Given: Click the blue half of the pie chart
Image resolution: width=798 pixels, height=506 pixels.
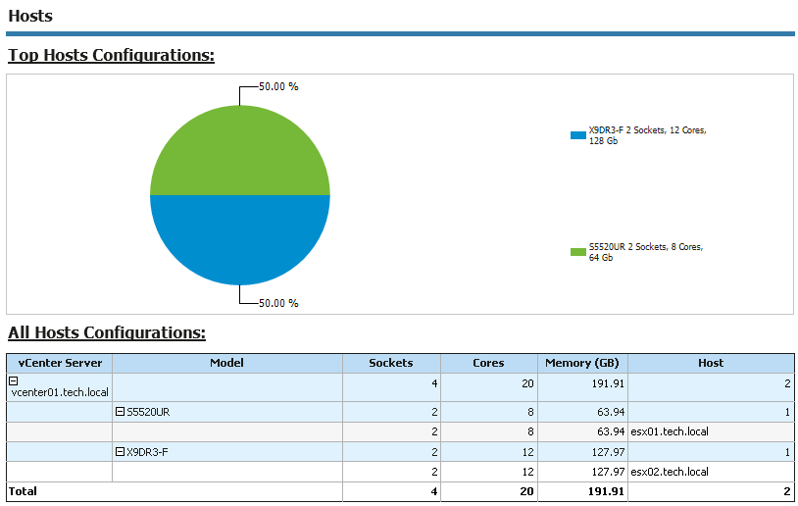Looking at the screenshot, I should (240, 239).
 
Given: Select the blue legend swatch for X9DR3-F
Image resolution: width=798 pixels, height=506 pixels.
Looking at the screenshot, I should (577, 135).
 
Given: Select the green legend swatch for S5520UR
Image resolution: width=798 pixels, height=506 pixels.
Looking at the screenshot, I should (577, 252).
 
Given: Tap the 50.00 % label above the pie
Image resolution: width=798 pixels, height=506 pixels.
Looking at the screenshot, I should (278, 86).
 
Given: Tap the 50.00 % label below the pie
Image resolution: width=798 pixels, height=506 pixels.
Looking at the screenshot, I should (278, 303).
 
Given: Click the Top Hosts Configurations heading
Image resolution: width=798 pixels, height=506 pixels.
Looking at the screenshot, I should (111, 55).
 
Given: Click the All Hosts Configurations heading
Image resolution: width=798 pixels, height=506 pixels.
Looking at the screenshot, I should (107, 332).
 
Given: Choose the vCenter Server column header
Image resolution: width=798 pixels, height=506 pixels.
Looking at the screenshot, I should (60, 363).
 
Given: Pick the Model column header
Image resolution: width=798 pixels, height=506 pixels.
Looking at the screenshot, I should (226, 363).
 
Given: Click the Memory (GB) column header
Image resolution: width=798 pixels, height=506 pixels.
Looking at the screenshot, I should (582, 363).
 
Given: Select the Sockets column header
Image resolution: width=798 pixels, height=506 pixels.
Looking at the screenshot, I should (390, 363).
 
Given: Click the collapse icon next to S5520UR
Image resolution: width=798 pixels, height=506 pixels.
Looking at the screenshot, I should (120, 412).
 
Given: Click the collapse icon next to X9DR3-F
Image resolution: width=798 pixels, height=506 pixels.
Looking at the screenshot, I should (120, 452).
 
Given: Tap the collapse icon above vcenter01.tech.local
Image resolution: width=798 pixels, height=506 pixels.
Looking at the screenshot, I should (14, 379).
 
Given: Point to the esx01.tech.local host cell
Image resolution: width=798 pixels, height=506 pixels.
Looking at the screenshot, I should (669, 431).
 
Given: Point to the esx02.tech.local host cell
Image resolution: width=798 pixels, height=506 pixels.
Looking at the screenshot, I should (669, 472).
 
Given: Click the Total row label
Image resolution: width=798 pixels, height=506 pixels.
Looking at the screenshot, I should (23, 491).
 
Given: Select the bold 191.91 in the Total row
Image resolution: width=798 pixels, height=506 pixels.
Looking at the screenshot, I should (604, 491).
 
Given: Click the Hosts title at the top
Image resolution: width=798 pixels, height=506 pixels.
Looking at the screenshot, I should (30, 16).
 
